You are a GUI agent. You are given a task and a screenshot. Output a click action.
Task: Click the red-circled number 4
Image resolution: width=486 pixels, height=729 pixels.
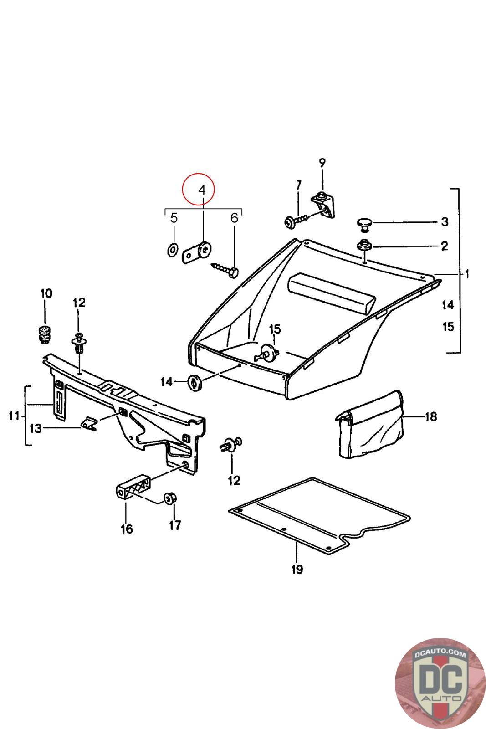tap(202, 190)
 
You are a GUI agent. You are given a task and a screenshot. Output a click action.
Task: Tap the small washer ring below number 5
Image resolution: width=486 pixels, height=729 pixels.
tap(173, 250)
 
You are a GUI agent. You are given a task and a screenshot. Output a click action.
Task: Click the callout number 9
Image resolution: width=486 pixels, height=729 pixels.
tap(322, 162)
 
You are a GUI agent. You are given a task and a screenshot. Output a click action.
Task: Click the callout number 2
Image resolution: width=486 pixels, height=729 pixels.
tap(444, 246)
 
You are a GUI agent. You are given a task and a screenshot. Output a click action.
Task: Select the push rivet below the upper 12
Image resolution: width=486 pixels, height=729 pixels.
tap(79, 343)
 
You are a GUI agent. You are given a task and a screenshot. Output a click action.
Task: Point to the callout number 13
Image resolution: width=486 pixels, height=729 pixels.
tap(36, 428)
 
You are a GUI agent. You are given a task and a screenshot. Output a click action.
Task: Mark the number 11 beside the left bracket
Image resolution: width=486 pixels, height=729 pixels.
tap(14, 416)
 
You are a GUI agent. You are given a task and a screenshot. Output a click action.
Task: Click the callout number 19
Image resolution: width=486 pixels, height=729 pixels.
tap(297, 569)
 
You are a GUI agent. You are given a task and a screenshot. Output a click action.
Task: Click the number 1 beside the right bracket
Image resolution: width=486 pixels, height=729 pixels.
tap(466, 274)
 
